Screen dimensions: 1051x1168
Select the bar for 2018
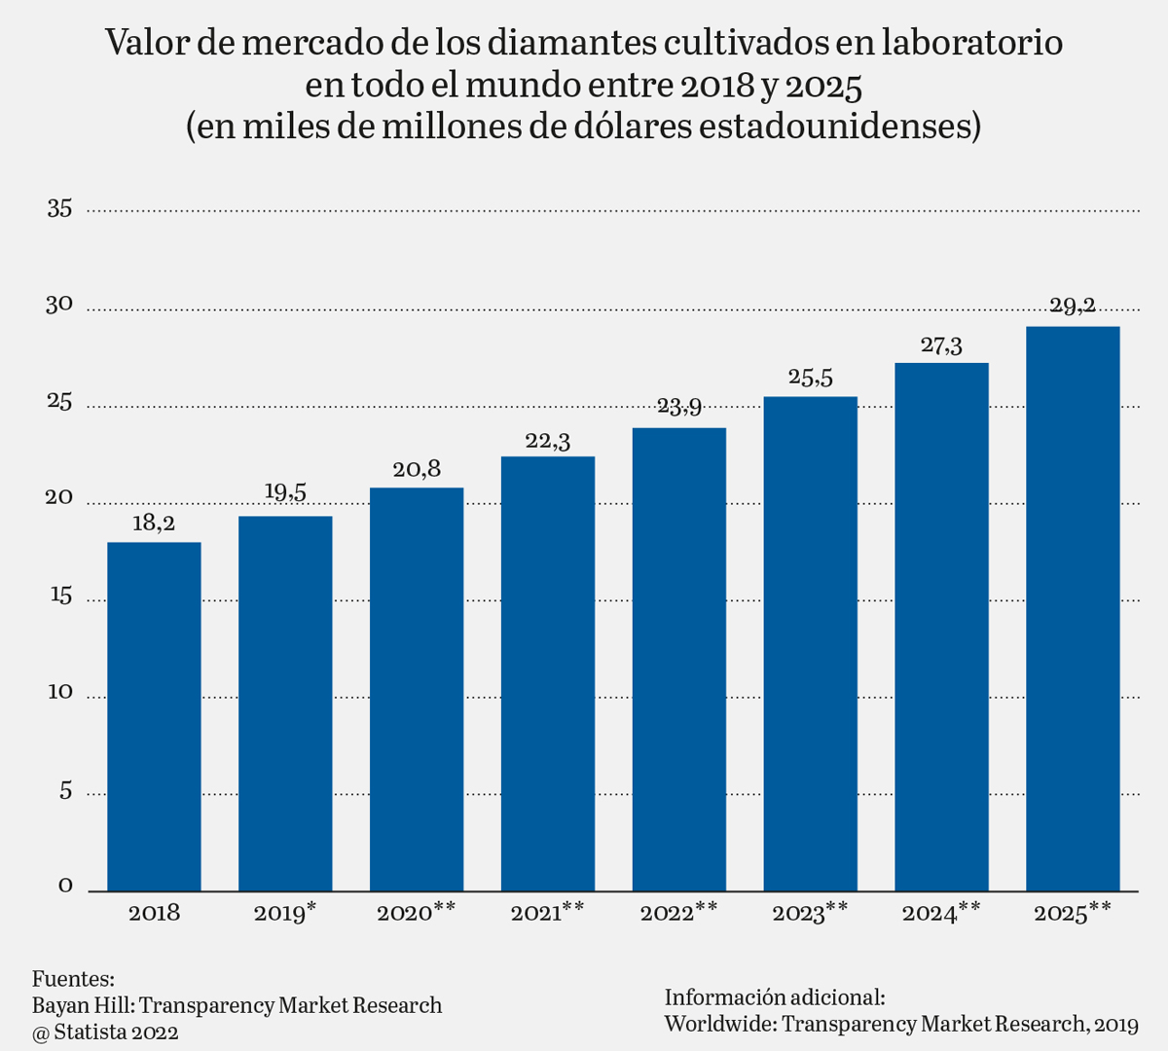tap(154, 716)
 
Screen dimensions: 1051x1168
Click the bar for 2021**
tap(548, 673)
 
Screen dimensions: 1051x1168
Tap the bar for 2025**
tap(1073, 608)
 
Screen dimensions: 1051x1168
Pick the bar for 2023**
tap(810, 643)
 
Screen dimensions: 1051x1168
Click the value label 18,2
tap(154, 524)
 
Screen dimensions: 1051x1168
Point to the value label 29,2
tap(1073, 307)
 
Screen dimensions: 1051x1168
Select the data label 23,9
tap(679, 407)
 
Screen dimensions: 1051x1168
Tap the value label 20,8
tap(417, 469)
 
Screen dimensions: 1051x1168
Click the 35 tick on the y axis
tap(59, 208)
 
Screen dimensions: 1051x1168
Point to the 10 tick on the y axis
tap(59, 692)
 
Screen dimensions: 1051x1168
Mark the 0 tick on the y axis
tap(66, 886)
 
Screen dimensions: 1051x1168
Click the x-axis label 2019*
tap(284, 913)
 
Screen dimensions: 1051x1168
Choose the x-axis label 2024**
tap(941, 913)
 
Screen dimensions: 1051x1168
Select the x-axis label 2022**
tap(679, 913)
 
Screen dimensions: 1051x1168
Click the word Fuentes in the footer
tap(73, 979)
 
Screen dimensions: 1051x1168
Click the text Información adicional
tap(775, 997)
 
